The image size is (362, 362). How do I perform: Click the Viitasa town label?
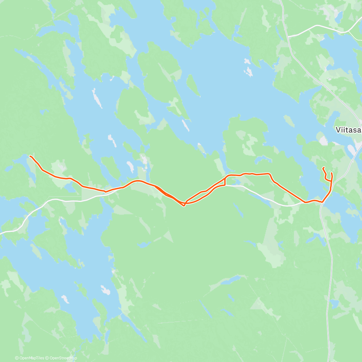(x=348, y=130)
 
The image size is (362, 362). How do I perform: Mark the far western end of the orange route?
(x=30, y=156)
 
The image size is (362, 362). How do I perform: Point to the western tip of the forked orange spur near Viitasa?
(x=323, y=168)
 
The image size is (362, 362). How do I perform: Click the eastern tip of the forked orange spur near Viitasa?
(x=332, y=173)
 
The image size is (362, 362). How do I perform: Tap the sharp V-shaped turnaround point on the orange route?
(x=184, y=206)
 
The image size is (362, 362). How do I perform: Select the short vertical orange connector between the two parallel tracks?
(x=225, y=181)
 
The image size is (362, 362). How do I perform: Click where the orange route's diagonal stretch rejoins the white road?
(x=305, y=202)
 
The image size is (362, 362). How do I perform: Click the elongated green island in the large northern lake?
(x=193, y=85)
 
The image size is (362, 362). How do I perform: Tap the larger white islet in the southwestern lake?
(x=106, y=290)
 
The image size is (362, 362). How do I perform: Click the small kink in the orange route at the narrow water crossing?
(x=105, y=191)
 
